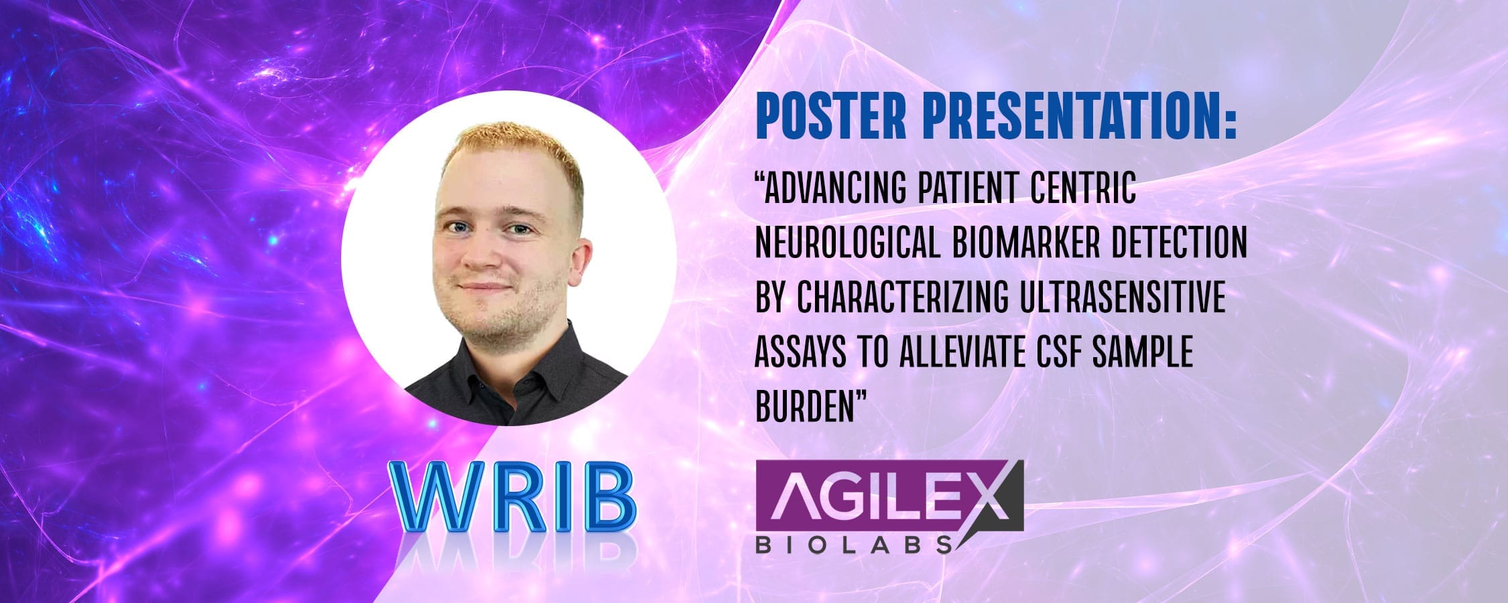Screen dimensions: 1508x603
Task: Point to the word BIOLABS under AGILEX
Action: pyautogui.click(x=854, y=543)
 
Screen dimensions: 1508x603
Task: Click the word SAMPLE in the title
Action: pyautogui.click(x=1142, y=353)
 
